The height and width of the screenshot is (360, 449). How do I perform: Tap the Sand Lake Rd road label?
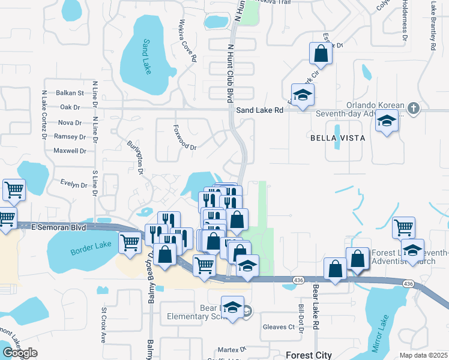point(259,110)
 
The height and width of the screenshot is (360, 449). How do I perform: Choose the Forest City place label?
point(309,355)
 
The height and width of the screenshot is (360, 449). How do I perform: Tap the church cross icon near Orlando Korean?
point(412,109)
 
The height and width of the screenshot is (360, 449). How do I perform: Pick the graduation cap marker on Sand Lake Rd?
point(303,95)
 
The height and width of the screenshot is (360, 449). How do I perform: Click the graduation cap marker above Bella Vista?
point(387,122)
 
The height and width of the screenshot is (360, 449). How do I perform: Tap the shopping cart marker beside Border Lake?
point(130,242)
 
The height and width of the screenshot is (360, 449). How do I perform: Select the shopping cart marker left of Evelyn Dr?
point(14,190)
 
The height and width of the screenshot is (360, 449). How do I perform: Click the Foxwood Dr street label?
point(185,137)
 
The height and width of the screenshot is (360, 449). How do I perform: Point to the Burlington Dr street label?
point(136,158)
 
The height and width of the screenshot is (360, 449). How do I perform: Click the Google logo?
point(20,353)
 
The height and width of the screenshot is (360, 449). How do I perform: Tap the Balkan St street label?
point(70,93)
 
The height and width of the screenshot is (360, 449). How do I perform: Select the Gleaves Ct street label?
point(279,327)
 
